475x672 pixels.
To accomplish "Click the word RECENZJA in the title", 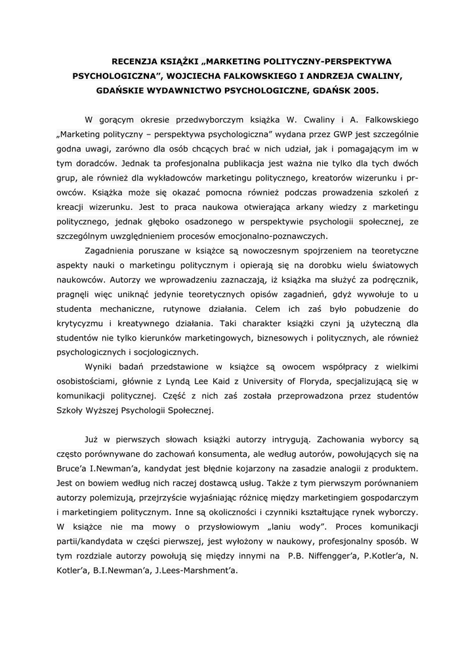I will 129,61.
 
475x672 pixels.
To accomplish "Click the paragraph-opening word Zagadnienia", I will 114,250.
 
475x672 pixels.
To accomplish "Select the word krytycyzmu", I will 79,322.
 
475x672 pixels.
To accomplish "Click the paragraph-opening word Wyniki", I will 100,366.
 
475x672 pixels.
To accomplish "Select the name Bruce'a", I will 77,468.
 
